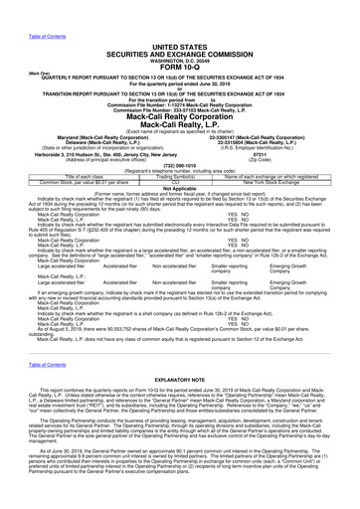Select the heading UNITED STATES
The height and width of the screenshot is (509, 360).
(179, 18)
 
